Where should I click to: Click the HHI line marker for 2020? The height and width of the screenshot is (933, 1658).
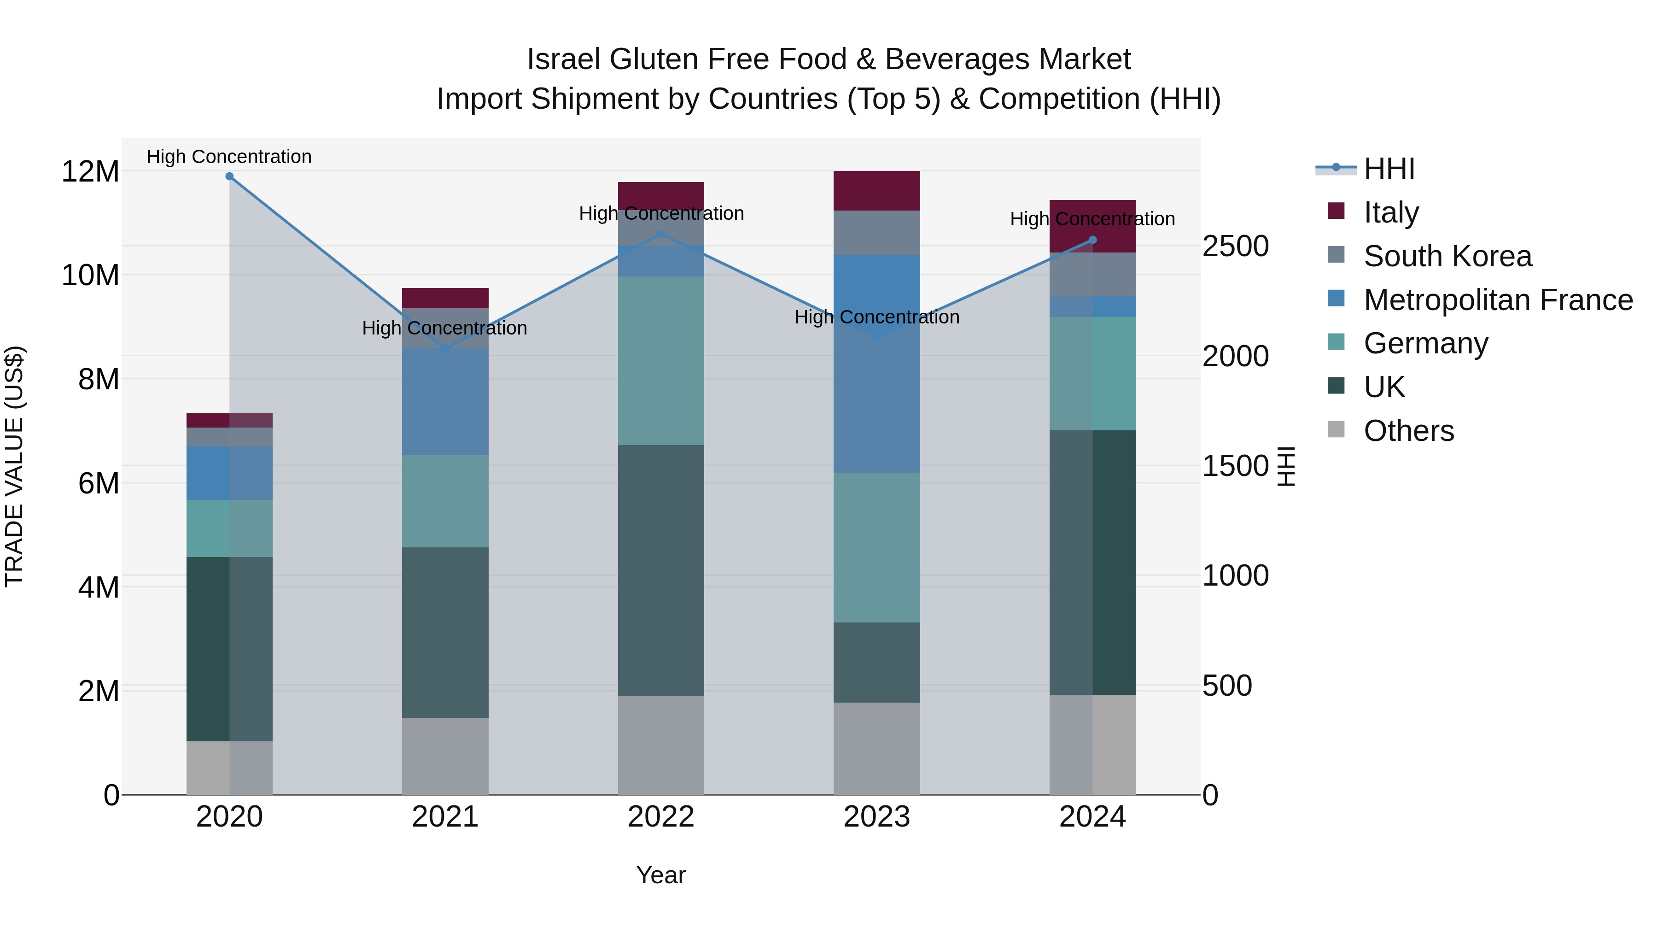229,176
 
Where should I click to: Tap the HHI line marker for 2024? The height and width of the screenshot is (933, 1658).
1092,240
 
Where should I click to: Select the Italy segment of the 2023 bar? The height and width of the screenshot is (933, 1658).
876,191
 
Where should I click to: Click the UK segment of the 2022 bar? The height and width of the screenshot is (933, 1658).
661,570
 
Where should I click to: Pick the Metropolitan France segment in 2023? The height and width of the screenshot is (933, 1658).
876,364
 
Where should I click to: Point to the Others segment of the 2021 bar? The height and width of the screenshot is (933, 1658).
445,756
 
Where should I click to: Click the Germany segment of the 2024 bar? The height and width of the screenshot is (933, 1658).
1092,374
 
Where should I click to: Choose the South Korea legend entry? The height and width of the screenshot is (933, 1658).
1447,256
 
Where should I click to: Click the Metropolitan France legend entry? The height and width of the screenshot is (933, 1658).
1498,300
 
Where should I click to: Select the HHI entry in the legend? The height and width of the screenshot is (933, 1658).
1389,169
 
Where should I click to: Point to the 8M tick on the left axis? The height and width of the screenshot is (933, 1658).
99,379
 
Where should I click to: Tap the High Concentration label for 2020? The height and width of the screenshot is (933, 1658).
229,157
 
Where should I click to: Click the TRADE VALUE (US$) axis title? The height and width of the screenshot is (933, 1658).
14,466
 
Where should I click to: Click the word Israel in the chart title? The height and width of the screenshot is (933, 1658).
564,59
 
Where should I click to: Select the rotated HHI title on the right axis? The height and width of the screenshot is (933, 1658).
1285,466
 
